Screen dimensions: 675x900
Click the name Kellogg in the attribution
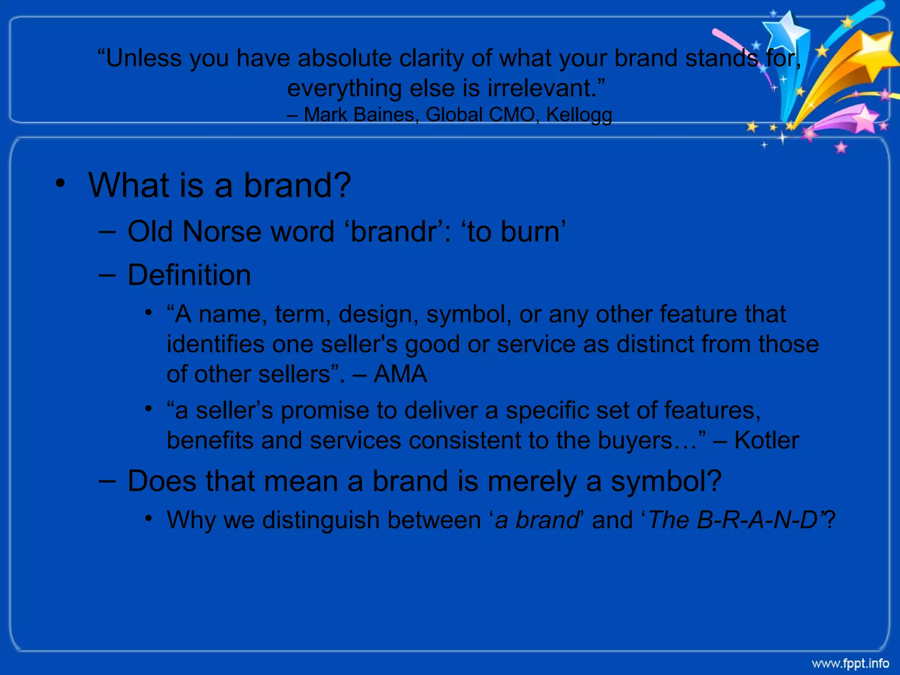click(579, 115)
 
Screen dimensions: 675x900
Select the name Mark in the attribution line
click(323, 115)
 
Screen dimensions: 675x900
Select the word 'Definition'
click(189, 275)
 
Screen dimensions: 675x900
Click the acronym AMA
click(400, 374)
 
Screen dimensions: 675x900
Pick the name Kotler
click(766, 440)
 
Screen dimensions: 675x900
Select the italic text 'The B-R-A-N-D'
click(733, 520)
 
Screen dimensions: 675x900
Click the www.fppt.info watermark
click(850, 663)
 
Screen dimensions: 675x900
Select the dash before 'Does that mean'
click(107, 481)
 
